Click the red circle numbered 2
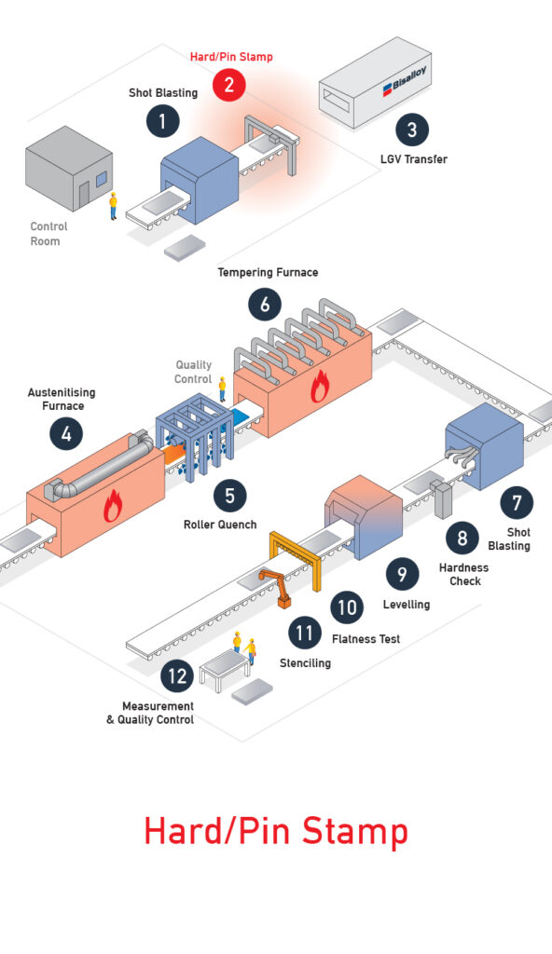point(229,84)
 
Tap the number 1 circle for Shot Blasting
point(162,121)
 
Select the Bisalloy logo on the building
point(404,80)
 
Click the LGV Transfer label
point(414,159)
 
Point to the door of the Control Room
point(84,194)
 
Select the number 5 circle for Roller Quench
point(229,496)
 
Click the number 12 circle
point(177,676)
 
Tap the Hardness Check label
point(464,574)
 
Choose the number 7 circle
point(517,502)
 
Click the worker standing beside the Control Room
point(113,206)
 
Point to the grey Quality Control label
point(193,372)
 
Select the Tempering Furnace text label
point(269,272)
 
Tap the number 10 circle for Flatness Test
point(347,607)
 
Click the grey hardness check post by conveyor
point(441,499)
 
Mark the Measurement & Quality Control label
point(150,713)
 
